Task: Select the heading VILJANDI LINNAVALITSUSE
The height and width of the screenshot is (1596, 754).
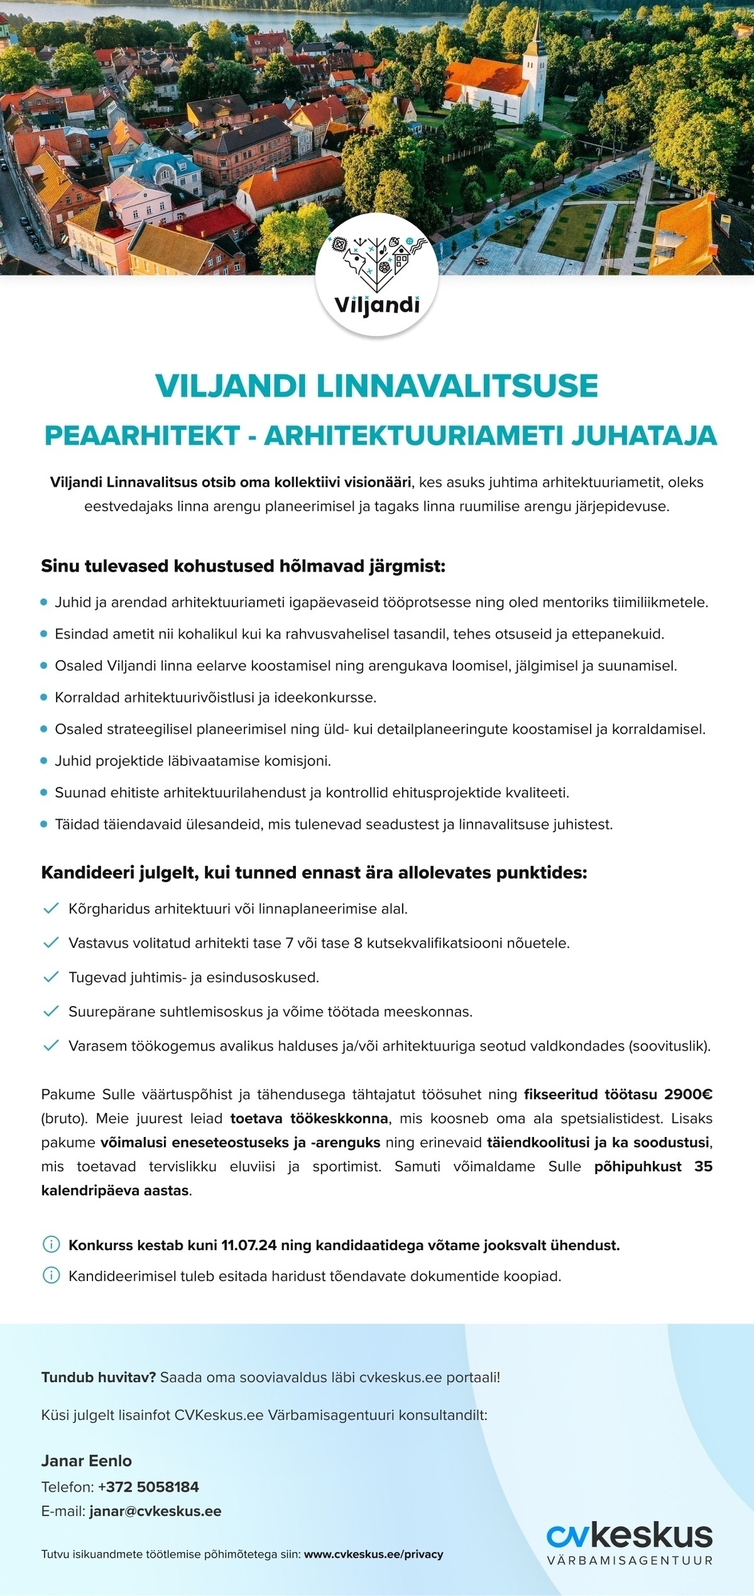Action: (377, 385)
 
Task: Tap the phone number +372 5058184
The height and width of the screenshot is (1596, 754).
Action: (148, 1487)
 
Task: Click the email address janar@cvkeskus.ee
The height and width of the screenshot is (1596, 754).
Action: (155, 1511)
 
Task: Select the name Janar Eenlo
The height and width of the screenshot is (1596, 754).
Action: (87, 1461)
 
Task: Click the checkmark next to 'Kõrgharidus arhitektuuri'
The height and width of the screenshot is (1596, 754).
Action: (50, 909)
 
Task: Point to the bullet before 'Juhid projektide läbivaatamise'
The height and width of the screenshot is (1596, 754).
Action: (44, 762)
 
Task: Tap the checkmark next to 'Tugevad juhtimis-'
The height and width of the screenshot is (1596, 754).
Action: (50, 977)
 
